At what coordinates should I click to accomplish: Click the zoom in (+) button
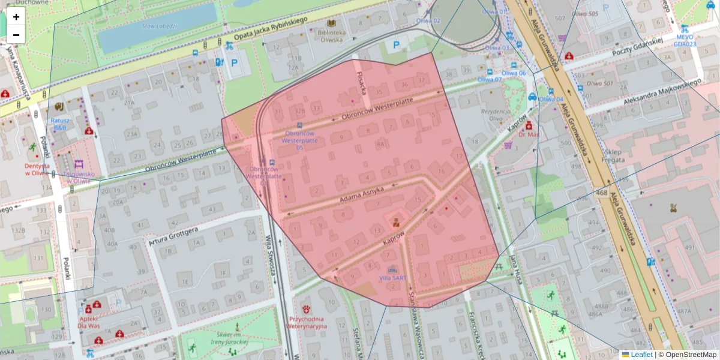[x=16, y=17]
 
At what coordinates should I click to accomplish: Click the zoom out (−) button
[x=16, y=35]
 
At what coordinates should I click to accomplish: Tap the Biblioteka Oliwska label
[x=331, y=36]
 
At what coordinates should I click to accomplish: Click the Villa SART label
[x=392, y=278]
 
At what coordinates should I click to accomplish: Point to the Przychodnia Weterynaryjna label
[x=308, y=323]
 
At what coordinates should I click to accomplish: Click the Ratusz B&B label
[x=61, y=124]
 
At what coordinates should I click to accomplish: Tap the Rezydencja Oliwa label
[x=496, y=115]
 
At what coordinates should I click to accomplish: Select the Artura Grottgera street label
[x=173, y=236]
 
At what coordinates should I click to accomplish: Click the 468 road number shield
[x=602, y=193]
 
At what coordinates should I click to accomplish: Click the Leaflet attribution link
[x=641, y=355]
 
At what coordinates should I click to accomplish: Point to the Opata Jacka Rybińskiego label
[x=271, y=29]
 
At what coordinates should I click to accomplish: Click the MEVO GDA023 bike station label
[x=685, y=40]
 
